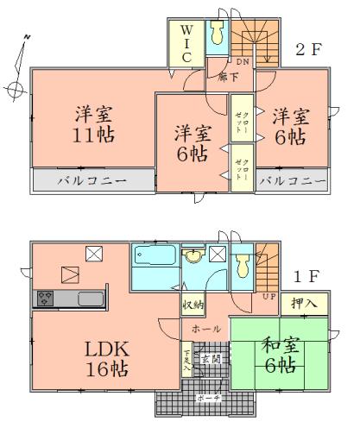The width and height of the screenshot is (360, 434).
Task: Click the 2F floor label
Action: (x=308, y=49)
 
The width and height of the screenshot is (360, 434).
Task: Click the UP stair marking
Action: (x=269, y=297)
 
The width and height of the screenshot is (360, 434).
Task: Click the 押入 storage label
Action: (x=304, y=305)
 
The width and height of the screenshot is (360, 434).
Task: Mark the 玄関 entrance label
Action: (x=211, y=358)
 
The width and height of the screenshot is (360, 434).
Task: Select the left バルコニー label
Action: (x=92, y=181)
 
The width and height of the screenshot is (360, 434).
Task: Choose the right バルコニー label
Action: (x=293, y=181)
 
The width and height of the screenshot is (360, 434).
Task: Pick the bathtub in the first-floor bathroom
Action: (x=153, y=260)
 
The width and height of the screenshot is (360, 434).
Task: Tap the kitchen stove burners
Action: (x=45, y=299)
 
